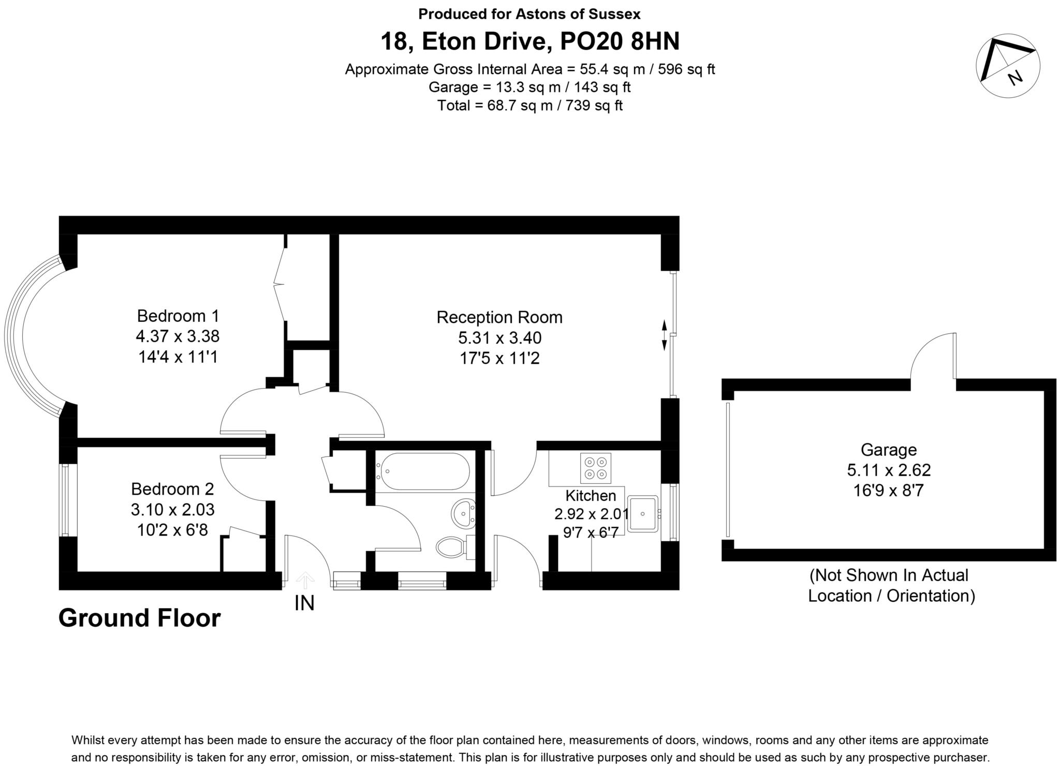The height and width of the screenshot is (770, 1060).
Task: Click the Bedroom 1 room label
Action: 178,316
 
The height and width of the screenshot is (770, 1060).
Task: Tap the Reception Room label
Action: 499,317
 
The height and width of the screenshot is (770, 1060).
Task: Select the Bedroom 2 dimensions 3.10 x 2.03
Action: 172,510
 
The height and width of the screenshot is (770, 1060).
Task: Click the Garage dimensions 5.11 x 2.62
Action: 889,470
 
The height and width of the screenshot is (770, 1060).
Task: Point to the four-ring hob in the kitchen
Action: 595,468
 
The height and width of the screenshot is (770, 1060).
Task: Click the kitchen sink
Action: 642,514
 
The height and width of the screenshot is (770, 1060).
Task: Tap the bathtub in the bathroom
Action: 425,471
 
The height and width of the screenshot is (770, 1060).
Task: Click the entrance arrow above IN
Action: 305,580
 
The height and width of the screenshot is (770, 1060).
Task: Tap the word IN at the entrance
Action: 304,603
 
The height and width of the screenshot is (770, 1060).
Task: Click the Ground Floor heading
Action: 140,618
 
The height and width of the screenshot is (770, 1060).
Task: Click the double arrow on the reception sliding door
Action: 665,335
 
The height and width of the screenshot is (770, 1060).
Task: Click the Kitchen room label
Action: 591,496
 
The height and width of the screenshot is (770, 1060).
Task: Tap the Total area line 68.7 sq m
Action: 530,106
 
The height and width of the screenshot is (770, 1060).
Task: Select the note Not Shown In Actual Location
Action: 892,585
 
